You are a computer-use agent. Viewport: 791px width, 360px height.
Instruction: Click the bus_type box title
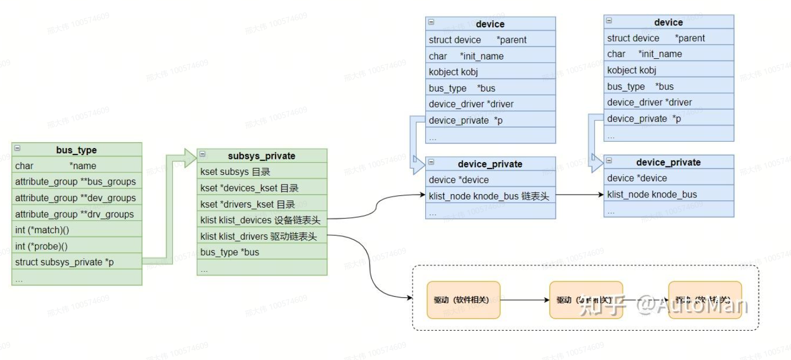[x=76, y=150]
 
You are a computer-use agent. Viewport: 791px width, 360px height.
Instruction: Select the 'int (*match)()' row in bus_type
[x=76, y=230]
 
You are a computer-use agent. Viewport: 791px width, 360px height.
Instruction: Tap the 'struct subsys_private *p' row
[x=76, y=262]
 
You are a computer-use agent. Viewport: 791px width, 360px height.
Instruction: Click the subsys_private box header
[x=262, y=156]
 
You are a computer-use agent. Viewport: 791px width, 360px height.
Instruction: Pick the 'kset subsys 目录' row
[x=262, y=172]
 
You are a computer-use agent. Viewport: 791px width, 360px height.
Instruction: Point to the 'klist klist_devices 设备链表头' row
[x=262, y=220]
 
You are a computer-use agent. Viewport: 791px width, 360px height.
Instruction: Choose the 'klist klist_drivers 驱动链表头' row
[x=262, y=236]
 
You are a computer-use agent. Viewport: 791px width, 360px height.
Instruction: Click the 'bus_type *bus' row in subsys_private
[x=262, y=252]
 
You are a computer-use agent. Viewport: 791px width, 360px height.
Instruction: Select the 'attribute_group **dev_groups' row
[x=76, y=198]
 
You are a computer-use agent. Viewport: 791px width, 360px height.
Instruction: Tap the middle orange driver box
[x=586, y=300]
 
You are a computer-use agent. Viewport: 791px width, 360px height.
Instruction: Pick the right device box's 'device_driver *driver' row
[x=669, y=102]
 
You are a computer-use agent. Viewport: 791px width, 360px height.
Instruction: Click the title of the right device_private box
[x=669, y=162]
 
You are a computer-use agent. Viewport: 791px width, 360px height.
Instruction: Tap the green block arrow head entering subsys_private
[x=190, y=156]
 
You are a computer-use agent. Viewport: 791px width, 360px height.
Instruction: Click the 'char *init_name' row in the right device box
[x=669, y=54]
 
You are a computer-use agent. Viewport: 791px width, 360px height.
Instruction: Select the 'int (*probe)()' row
[x=76, y=246]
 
